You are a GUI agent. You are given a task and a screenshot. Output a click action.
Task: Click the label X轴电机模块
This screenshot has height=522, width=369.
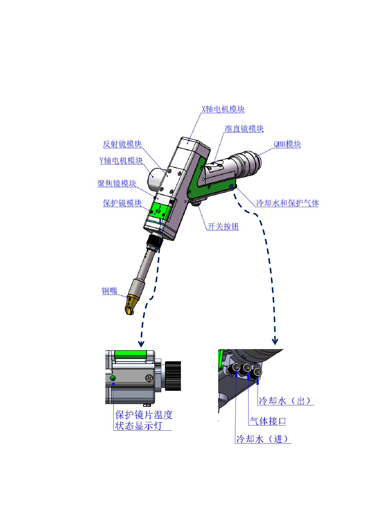click(223, 109)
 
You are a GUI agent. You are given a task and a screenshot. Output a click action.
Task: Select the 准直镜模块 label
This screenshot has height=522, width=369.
click(244, 129)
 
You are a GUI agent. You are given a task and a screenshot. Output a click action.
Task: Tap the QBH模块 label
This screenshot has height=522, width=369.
click(287, 144)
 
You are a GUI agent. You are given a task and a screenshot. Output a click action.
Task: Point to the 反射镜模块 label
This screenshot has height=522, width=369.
click(122, 144)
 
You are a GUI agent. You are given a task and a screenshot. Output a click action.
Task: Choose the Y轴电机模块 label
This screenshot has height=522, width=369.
click(121, 161)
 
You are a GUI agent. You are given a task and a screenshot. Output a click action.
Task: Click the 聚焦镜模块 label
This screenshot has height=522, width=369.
click(117, 183)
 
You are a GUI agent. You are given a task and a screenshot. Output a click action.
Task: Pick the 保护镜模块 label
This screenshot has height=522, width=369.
click(122, 203)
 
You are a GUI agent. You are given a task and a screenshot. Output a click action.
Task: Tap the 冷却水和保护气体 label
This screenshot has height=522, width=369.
click(287, 203)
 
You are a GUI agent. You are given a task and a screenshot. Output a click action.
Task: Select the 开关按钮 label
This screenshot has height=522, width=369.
click(223, 226)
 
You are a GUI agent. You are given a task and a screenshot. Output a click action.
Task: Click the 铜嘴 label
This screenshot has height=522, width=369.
click(110, 291)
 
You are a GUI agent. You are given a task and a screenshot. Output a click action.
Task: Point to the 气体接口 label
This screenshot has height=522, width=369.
click(268, 421)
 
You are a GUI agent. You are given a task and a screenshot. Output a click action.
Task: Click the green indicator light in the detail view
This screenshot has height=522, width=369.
click(113, 378)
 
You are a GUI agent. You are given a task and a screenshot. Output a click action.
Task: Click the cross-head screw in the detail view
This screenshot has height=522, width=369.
click(149, 378)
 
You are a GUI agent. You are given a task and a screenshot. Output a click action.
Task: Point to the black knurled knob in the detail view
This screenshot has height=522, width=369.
click(173, 376)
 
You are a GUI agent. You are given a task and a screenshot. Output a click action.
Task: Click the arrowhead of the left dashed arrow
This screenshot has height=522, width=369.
click(141, 344)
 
